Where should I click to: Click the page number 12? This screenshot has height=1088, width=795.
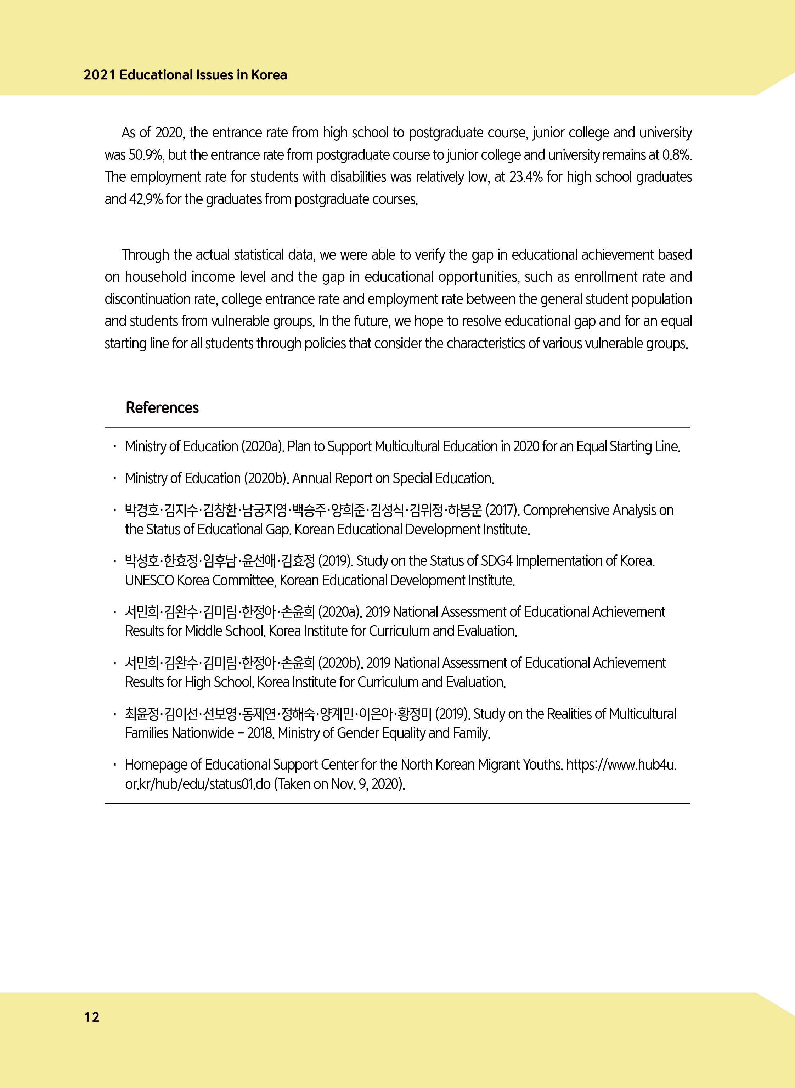(x=91, y=1016)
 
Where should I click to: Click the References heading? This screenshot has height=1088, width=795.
(x=162, y=407)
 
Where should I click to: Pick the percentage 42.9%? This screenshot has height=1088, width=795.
(x=146, y=199)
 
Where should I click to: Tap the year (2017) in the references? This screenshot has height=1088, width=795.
(x=502, y=510)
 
